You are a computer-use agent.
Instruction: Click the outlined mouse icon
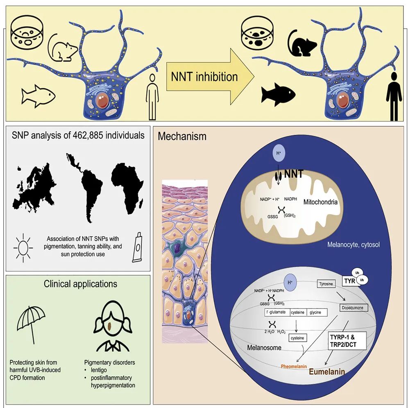[x=62, y=47]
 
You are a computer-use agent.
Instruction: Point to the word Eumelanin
[x=326, y=372]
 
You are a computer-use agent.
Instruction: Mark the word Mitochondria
[x=320, y=202]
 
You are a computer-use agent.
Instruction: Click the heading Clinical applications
[x=80, y=283]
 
